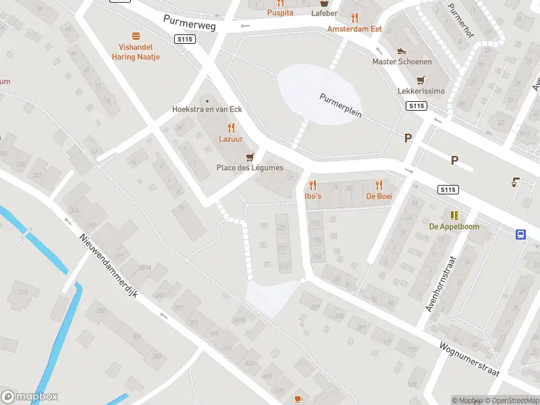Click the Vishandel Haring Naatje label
pyautogui.click(x=136, y=53)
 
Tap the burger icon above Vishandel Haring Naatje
pyautogui.click(x=136, y=36)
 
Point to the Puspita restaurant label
pyautogui.click(x=280, y=13)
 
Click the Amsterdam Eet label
pyautogui.click(x=354, y=29)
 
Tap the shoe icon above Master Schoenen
pyautogui.click(x=402, y=51)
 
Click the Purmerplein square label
pyautogui.click(x=341, y=105)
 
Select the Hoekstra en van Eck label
pyautogui.click(x=207, y=109)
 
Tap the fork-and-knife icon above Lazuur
pyautogui.click(x=231, y=127)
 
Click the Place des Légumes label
pyautogui.click(x=250, y=167)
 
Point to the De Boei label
pyautogui.click(x=379, y=196)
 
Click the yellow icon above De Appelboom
pyautogui.click(x=454, y=215)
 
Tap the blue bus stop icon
pyautogui.click(x=521, y=234)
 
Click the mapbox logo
pyautogui.click(x=30, y=397)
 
